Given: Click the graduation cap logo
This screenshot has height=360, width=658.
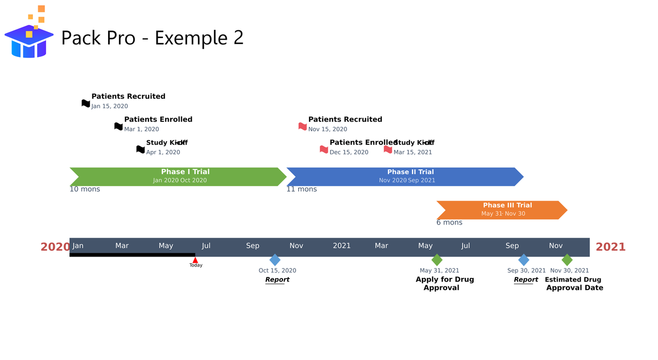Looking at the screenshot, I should pos(29,37).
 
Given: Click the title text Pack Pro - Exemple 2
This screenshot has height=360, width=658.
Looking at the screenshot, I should pos(152,38).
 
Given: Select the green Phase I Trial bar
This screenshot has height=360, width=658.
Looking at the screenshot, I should pos(178,177).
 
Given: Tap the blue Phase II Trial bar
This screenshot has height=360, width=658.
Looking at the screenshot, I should pos(405,177).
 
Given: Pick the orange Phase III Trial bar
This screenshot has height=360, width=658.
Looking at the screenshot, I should pos(501,210).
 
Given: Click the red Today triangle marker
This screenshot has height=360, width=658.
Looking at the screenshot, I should pos(195,260).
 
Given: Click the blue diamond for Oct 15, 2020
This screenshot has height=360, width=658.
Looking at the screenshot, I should pos(275,260).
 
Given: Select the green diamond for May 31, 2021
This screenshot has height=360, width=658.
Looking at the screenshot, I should pos(437,260).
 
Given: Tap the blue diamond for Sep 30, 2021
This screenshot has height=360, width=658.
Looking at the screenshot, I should pos(524,260).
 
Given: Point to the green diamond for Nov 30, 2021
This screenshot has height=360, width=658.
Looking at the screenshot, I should pos(567,260).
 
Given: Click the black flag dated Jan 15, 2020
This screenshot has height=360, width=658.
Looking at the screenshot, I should pos(86,103).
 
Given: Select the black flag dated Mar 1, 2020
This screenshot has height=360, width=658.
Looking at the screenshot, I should pos(119,126).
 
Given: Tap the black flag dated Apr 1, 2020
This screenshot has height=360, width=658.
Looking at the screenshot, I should pos(140,149).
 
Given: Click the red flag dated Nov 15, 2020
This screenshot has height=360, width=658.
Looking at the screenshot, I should pos(302,126).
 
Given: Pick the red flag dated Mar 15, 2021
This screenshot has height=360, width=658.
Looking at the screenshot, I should pos(388,149).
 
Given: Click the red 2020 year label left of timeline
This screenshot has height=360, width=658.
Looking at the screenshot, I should pos(55,247).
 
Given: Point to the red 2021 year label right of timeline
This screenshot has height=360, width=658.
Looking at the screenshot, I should pos(610,247).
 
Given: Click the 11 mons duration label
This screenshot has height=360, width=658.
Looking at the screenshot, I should pos(301,189).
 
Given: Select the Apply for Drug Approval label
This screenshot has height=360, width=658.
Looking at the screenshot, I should pos(444,284).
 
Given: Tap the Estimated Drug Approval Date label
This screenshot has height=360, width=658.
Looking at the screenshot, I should pos(574,284).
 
